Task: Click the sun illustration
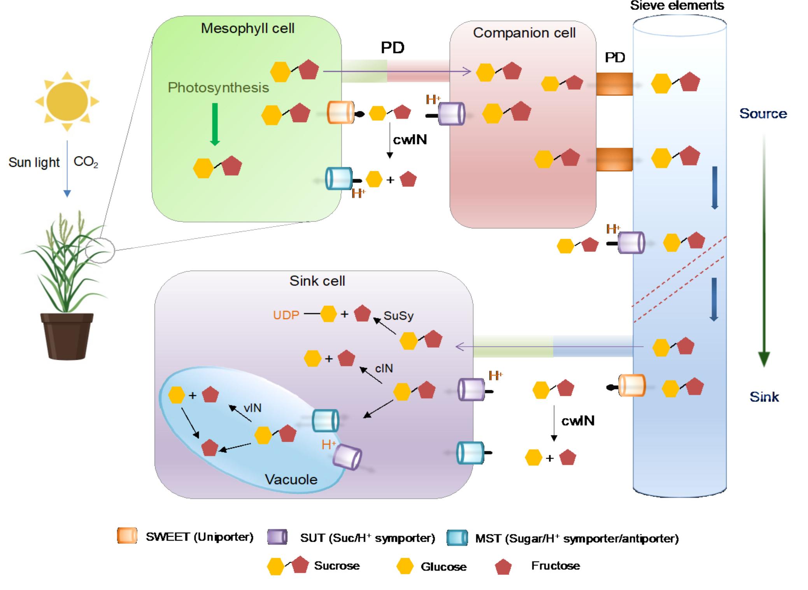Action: (x=67, y=102)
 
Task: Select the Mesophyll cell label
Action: (x=247, y=28)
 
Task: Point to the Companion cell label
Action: (x=524, y=33)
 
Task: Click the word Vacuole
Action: (x=291, y=479)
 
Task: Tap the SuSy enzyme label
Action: (x=398, y=315)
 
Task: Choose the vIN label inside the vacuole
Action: (x=252, y=408)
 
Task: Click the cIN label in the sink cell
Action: (x=384, y=368)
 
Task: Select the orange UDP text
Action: (x=286, y=315)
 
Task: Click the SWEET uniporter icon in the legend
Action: (x=127, y=536)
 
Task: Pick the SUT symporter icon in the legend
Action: (x=277, y=537)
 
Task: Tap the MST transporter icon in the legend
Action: (x=457, y=538)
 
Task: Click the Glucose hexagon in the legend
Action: (x=405, y=566)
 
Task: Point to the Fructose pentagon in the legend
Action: (x=503, y=567)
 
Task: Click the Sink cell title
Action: (x=317, y=281)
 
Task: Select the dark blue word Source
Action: (x=763, y=114)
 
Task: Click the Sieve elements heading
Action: (x=677, y=5)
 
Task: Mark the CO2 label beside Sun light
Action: (x=86, y=162)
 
